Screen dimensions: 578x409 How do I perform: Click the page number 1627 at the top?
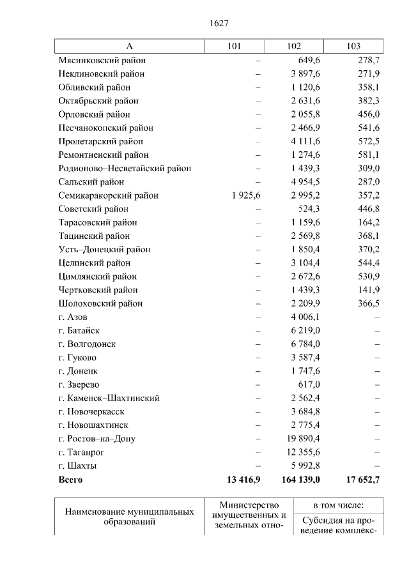pos(219,23)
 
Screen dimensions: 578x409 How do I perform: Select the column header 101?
pos(234,46)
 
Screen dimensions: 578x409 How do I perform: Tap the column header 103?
pos(353,46)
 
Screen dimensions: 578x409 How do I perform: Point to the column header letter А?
pos(129,46)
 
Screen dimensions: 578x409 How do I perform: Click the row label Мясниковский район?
pos(102,60)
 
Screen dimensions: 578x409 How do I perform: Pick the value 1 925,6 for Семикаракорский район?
pos(244,195)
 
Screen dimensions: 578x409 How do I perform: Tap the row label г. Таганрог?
pos(81,452)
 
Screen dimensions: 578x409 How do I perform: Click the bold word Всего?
pos(70,479)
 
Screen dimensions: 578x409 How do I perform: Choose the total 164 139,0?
pos(300,479)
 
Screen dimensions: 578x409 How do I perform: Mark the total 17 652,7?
pos(360,479)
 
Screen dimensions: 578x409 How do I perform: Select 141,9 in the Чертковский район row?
pos(369,290)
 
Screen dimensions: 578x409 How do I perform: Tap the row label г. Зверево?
pos(79,384)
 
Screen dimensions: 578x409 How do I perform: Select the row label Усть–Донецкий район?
pos(104,250)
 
